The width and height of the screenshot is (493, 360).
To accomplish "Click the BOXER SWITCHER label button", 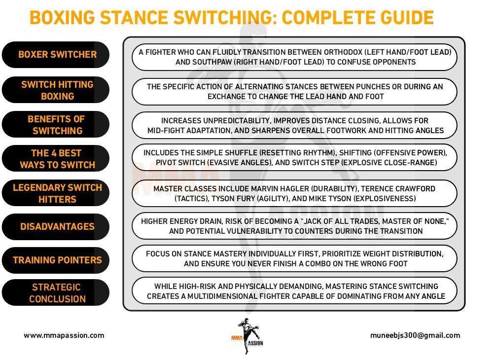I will [x=57, y=54].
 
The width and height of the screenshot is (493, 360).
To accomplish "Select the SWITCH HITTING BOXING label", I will [x=57, y=91].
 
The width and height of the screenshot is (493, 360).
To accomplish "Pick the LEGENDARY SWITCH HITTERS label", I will [x=57, y=193].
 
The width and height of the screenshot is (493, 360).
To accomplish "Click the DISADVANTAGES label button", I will [x=57, y=226].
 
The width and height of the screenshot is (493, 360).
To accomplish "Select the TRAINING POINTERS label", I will [x=57, y=260].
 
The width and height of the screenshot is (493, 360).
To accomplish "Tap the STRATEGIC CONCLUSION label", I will [x=57, y=293].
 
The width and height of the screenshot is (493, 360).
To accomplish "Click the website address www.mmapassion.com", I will [x=64, y=335].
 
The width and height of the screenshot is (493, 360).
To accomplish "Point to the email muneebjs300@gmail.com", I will [x=415, y=335].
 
